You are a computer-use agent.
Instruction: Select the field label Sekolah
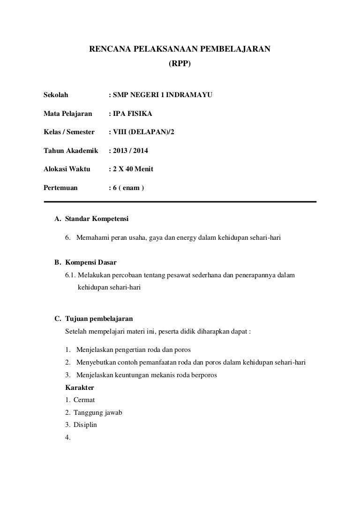point(56,95)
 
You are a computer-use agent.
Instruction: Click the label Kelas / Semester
point(69,132)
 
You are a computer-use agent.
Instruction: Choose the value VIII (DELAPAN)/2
point(143,132)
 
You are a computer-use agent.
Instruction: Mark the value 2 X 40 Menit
point(133,169)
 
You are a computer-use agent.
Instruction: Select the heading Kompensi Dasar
point(91,262)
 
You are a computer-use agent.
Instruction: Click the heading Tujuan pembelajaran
point(99,319)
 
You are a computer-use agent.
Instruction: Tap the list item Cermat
point(84,400)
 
